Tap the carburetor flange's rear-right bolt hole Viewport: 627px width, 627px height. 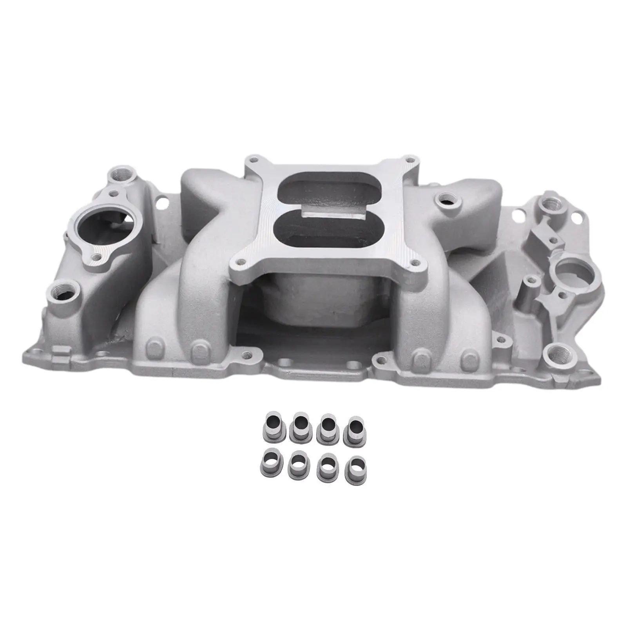coord(410,160)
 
